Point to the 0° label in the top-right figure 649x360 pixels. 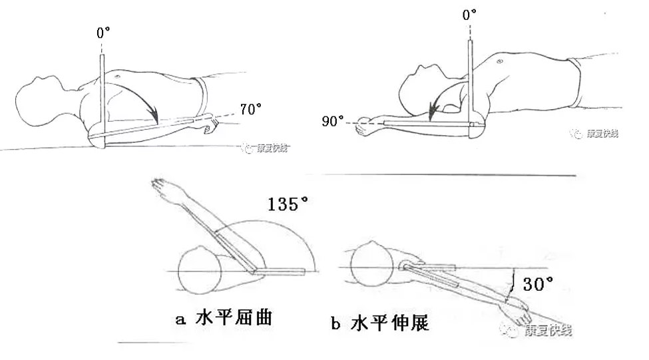point(470,13)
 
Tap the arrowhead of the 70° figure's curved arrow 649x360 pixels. point(155,119)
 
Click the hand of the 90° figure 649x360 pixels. point(363,125)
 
